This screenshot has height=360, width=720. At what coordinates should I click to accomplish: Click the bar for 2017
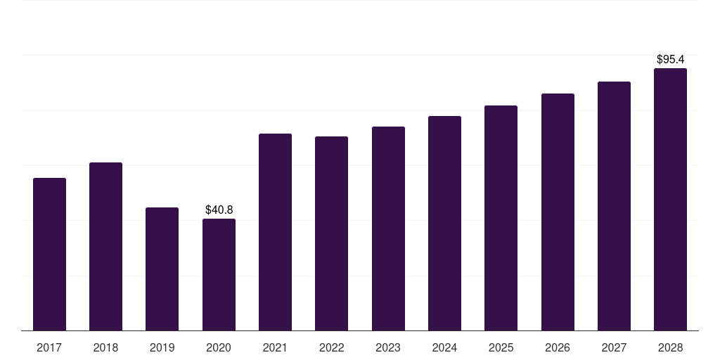point(49,254)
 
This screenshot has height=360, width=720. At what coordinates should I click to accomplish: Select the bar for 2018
point(105,246)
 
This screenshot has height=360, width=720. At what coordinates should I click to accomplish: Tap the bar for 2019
point(162,269)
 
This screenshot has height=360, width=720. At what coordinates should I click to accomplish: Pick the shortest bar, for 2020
point(219,274)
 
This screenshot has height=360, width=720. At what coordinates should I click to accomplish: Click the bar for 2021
point(275,232)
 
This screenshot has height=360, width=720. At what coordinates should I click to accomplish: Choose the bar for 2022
point(331,233)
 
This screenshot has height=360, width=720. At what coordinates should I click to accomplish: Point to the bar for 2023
point(388,229)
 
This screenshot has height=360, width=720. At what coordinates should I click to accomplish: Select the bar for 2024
point(444,223)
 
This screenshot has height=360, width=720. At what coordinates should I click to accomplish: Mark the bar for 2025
point(501,218)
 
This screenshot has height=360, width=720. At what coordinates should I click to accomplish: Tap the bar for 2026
point(558,212)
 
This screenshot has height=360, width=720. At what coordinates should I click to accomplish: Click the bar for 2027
point(614,206)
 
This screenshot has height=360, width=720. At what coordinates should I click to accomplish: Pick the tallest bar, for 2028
point(670,199)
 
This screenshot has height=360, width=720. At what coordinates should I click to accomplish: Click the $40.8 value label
point(219,210)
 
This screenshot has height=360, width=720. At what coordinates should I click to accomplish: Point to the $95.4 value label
point(670,59)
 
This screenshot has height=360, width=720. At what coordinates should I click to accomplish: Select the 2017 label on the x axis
point(49,347)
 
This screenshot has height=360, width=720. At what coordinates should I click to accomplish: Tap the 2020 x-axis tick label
point(219,347)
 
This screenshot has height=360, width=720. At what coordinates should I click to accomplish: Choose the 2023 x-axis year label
point(388,347)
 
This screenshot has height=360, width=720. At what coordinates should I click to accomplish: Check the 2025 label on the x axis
point(501,347)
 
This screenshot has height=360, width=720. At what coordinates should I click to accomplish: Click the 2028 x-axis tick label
point(670,347)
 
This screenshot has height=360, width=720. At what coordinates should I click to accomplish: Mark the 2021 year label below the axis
point(275,347)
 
